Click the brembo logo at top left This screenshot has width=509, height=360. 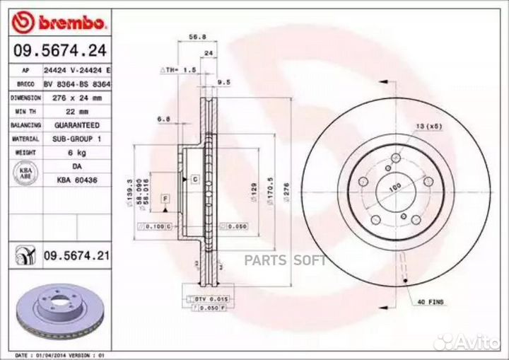(x=59, y=23)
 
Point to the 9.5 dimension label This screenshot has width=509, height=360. (x=224, y=82)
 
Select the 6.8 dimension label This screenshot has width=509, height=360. (x=163, y=120)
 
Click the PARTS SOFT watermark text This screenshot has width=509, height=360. (x=285, y=259)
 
